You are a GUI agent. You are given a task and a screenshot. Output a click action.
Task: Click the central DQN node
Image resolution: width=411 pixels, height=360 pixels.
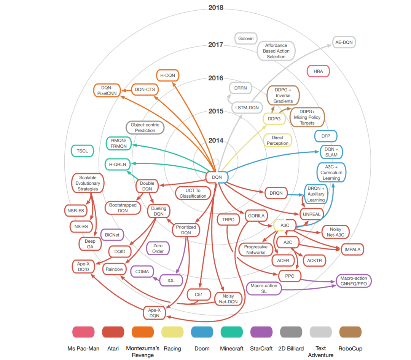[x=217, y=177]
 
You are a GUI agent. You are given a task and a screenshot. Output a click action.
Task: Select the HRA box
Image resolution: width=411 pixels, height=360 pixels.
[x=318, y=71]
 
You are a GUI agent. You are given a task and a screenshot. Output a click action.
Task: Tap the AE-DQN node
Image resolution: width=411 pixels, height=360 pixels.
[x=344, y=42]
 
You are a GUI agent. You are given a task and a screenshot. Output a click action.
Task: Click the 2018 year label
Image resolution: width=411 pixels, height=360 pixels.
[x=216, y=8]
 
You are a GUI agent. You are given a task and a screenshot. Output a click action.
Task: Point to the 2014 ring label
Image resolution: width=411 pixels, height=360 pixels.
[x=216, y=141]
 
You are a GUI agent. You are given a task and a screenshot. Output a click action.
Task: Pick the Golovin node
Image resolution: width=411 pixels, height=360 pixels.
[x=246, y=38]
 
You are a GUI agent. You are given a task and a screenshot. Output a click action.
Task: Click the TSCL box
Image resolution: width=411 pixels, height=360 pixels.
[x=82, y=151]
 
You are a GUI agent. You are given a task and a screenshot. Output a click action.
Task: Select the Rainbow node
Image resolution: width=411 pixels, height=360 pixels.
[x=115, y=269]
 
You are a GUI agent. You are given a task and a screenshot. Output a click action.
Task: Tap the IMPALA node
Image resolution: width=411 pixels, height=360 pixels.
[x=352, y=250]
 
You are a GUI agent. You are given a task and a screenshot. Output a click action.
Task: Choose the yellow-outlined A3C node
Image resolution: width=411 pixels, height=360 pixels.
[x=285, y=226]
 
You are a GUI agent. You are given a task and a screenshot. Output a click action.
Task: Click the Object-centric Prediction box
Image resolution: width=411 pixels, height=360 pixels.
[x=145, y=128]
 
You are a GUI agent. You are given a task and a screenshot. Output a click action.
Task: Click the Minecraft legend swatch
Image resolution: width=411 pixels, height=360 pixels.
[x=231, y=332]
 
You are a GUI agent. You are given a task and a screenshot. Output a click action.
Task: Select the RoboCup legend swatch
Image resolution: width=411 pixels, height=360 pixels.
[x=350, y=332]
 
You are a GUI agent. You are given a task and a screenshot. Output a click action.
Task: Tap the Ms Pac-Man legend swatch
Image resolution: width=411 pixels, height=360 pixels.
[x=83, y=332]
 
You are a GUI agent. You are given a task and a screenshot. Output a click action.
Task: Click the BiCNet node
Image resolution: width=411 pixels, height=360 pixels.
[x=112, y=235]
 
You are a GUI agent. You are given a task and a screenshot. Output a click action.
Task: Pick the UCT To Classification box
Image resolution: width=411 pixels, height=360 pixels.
[x=193, y=193]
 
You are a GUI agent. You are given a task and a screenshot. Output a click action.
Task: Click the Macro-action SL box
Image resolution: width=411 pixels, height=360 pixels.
[x=264, y=288]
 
